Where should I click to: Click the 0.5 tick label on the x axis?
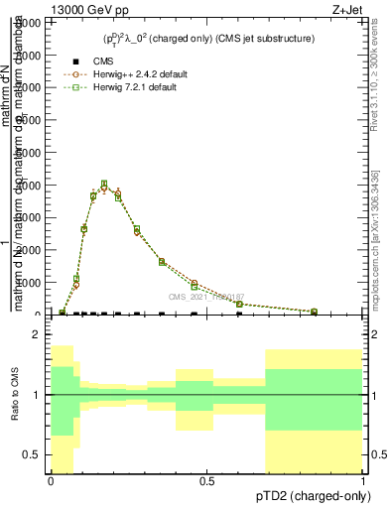click(206, 481)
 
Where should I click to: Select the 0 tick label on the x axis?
click(51, 481)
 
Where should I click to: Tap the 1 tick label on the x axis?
click(362, 481)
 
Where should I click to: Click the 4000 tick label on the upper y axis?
click(29, 185)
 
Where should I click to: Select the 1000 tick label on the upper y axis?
click(29, 282)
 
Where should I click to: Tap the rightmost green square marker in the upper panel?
click(314, 312)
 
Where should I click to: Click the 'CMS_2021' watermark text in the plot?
click(187, 297)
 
